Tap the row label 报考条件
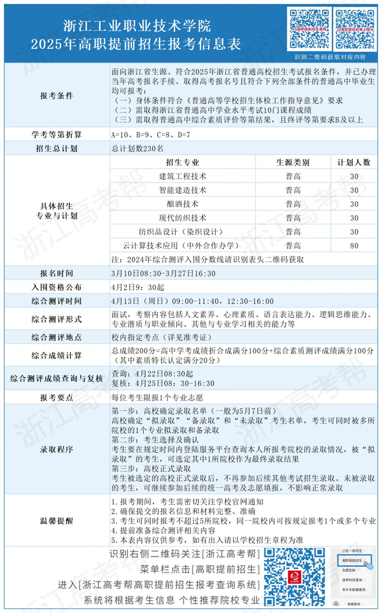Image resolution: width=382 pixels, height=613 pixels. point(56,95)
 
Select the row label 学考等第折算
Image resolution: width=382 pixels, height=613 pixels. point(56,135)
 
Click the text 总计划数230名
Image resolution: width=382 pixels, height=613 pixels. point(137,149)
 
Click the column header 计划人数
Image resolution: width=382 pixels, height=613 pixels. point(354,162)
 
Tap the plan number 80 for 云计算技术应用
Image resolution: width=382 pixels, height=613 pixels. point(354,246)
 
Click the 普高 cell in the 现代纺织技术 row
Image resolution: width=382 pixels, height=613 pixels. point(293,218)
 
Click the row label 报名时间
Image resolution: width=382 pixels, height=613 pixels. point(56,274)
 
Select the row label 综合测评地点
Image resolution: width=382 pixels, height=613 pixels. point(56,337)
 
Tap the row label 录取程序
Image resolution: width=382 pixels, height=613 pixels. point(56,450)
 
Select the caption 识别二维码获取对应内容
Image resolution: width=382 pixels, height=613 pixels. point(330,57)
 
